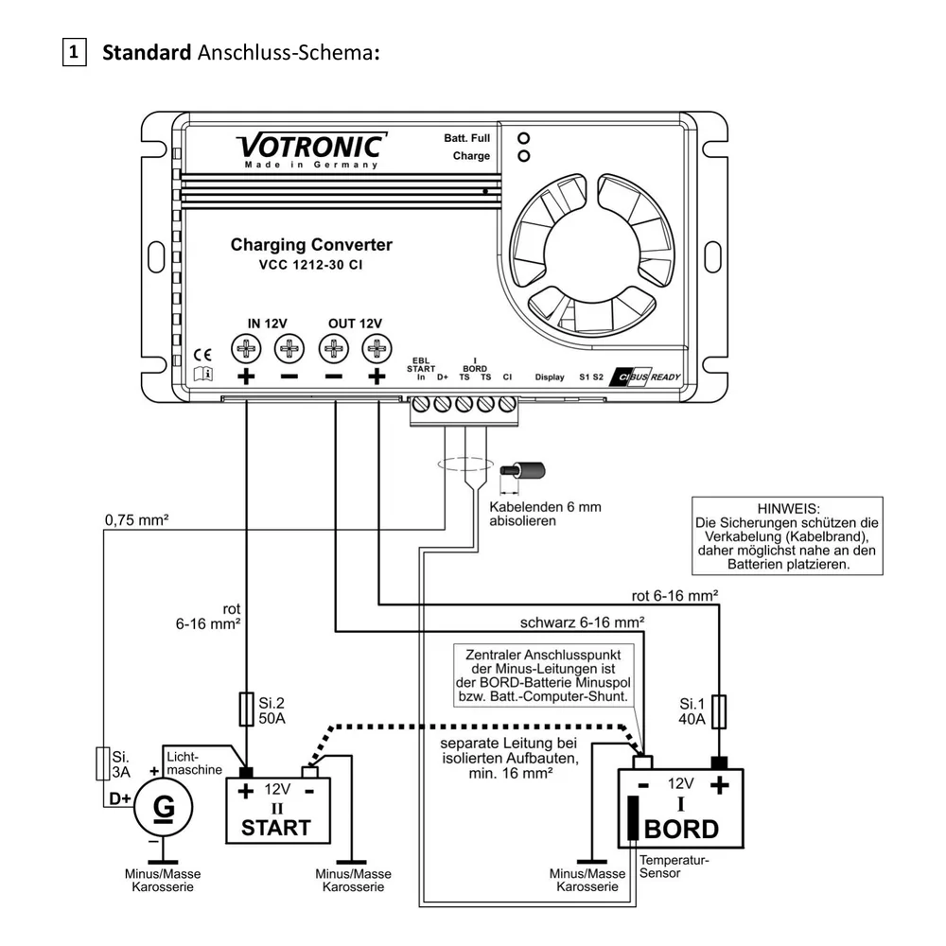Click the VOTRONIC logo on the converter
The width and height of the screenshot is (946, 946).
point(311,150)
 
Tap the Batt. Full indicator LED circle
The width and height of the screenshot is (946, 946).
point(524,138)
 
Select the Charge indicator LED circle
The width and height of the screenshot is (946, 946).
point(524,156)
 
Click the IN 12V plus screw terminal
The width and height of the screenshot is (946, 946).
point(246,348)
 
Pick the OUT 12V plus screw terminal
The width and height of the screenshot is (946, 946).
point(377,348)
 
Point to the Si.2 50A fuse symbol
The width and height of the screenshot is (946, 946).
point(246,709)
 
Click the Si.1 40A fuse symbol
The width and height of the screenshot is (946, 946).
point(719,711)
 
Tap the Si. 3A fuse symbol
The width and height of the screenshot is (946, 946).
point(103,763)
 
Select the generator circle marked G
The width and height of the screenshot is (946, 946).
point(163,807)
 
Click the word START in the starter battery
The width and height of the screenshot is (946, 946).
point(275,828)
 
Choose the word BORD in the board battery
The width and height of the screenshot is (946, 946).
point(681,830)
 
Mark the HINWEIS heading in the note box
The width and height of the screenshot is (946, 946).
point(789,509)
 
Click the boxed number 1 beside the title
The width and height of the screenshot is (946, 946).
point(74,52)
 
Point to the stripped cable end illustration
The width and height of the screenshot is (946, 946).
point(522,470)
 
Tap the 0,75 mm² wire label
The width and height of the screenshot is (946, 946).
point(136,519)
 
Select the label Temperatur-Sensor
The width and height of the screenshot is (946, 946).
point(674,867)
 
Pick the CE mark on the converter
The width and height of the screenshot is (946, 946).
point(202,355)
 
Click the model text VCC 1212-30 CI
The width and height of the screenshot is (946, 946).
point(310,264)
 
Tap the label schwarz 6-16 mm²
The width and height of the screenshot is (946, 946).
point(582,622)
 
